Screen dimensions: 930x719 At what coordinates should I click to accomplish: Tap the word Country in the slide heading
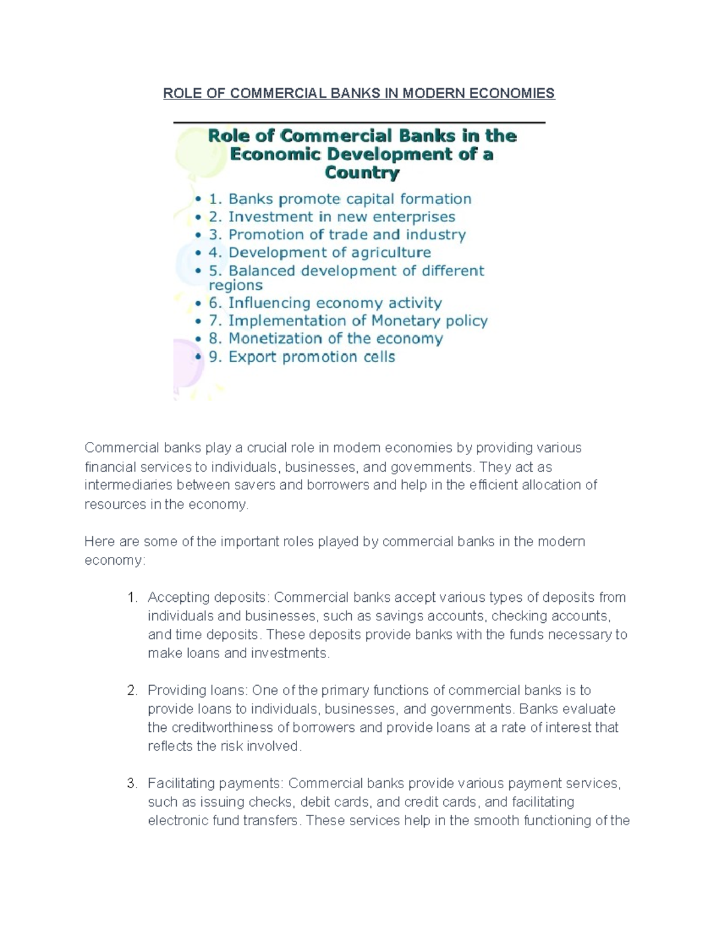coord(362,173)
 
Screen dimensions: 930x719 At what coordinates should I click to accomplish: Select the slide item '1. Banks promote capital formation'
coord(340,199)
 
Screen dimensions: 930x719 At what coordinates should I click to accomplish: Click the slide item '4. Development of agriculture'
coord(320,253)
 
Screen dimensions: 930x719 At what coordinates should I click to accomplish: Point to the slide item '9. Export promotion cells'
coord(302,357)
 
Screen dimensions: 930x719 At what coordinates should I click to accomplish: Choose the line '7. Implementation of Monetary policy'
coord(348,321)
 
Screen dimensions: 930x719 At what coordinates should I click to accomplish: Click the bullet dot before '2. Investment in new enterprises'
coord(198,217)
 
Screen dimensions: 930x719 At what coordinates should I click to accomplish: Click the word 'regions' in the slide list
coord(235,286)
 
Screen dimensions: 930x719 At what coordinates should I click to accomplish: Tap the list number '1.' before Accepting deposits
coord(132,598)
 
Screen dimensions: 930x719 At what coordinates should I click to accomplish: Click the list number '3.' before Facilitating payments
coord(132,783)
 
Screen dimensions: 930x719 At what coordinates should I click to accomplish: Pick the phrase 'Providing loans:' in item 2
coord(198,690)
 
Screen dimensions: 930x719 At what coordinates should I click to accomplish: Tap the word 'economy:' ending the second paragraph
coord(114,561)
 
